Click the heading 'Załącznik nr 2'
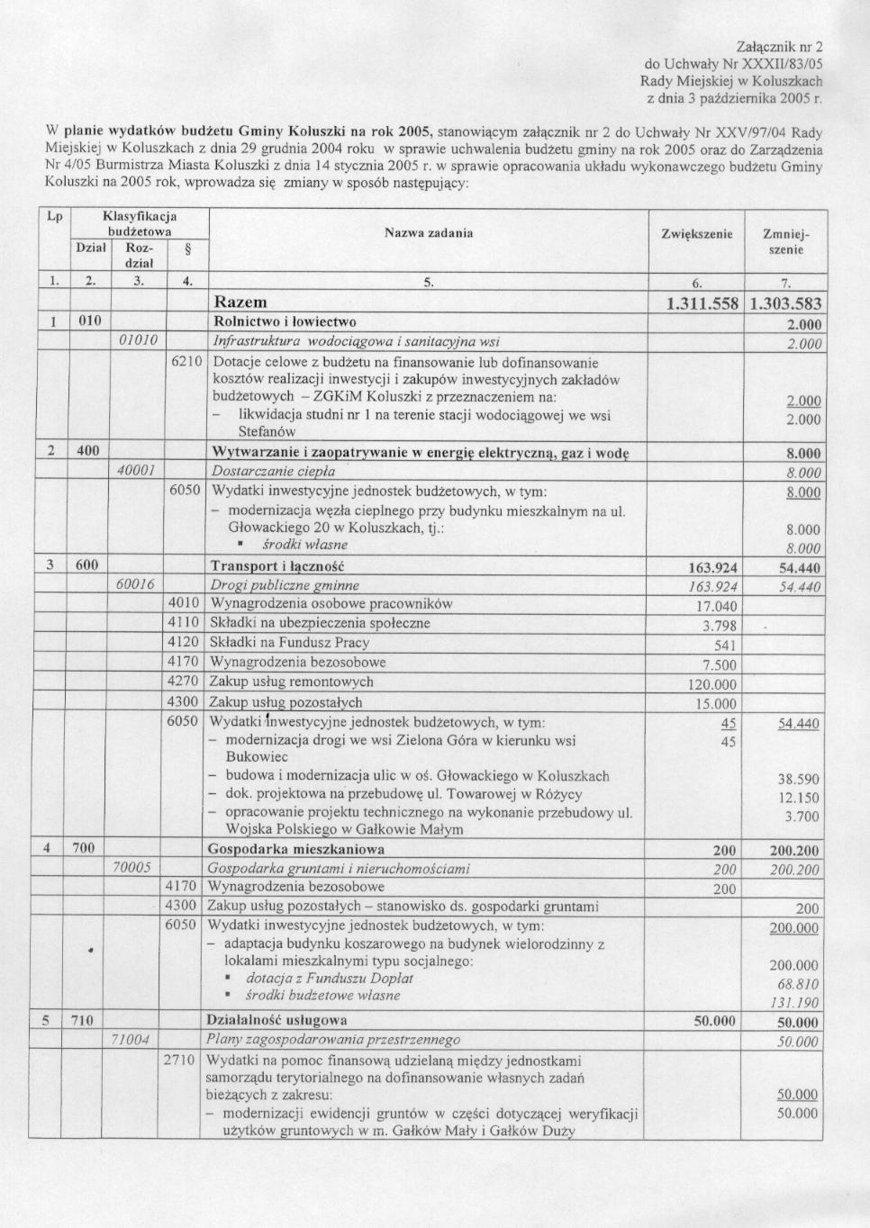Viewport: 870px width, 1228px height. pos(780,46)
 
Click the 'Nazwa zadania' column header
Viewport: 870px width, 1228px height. pos(429,233)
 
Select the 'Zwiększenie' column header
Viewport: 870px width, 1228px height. pos(696,233)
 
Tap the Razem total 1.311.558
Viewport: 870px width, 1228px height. pos(701,304)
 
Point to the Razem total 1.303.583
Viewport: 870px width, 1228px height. pos(785,304)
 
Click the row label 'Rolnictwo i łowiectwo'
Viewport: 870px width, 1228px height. pos(284,321)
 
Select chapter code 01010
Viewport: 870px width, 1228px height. pos(139,341)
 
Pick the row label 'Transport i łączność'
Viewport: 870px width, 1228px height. pos(277,565)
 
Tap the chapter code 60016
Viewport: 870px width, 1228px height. pos(136,585)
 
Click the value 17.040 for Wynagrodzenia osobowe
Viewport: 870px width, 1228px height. pos(719,606)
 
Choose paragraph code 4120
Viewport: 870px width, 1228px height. pos(184,643)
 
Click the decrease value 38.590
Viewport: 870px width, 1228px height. pos(798,779)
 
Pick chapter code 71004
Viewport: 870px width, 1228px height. pos(130,1040)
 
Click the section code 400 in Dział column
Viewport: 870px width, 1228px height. pos(88,450)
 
